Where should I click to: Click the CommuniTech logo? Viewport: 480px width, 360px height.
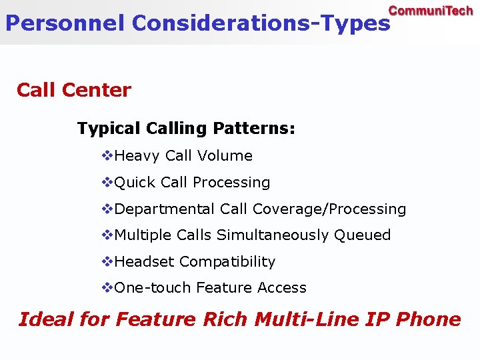coord(431,11)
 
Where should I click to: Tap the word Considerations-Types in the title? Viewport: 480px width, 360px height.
coord(261,23)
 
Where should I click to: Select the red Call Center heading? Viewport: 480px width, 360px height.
coord(74,90)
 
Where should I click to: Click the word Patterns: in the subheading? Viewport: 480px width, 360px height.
coord(254,128)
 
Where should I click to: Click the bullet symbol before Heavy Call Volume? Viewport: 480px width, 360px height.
coord(107,156)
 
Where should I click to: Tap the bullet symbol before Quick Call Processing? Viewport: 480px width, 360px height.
coord(107,183)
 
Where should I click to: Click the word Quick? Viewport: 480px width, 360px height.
coord(135,183)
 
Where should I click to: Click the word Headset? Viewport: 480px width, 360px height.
coord(145,262)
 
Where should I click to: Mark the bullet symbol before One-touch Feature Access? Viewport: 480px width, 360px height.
coord(107,288)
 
